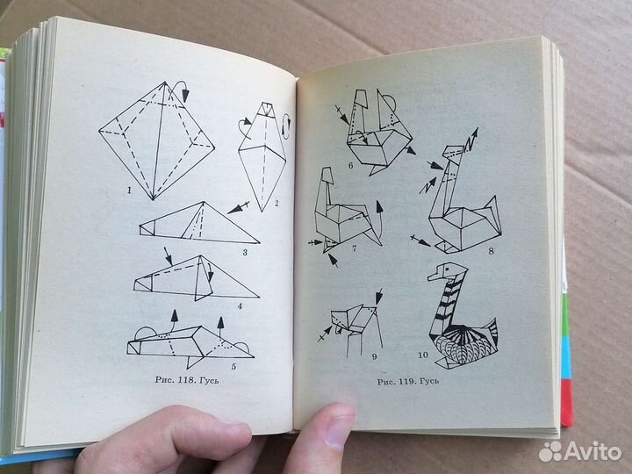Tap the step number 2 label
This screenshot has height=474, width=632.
pos(276,205)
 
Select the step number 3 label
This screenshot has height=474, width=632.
pos(245,252)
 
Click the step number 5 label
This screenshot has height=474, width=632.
pos(233,365)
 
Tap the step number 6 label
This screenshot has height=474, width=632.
pos(350,164)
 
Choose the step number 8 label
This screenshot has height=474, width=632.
pos(491,251)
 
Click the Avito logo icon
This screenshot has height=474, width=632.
pos(550,450)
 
